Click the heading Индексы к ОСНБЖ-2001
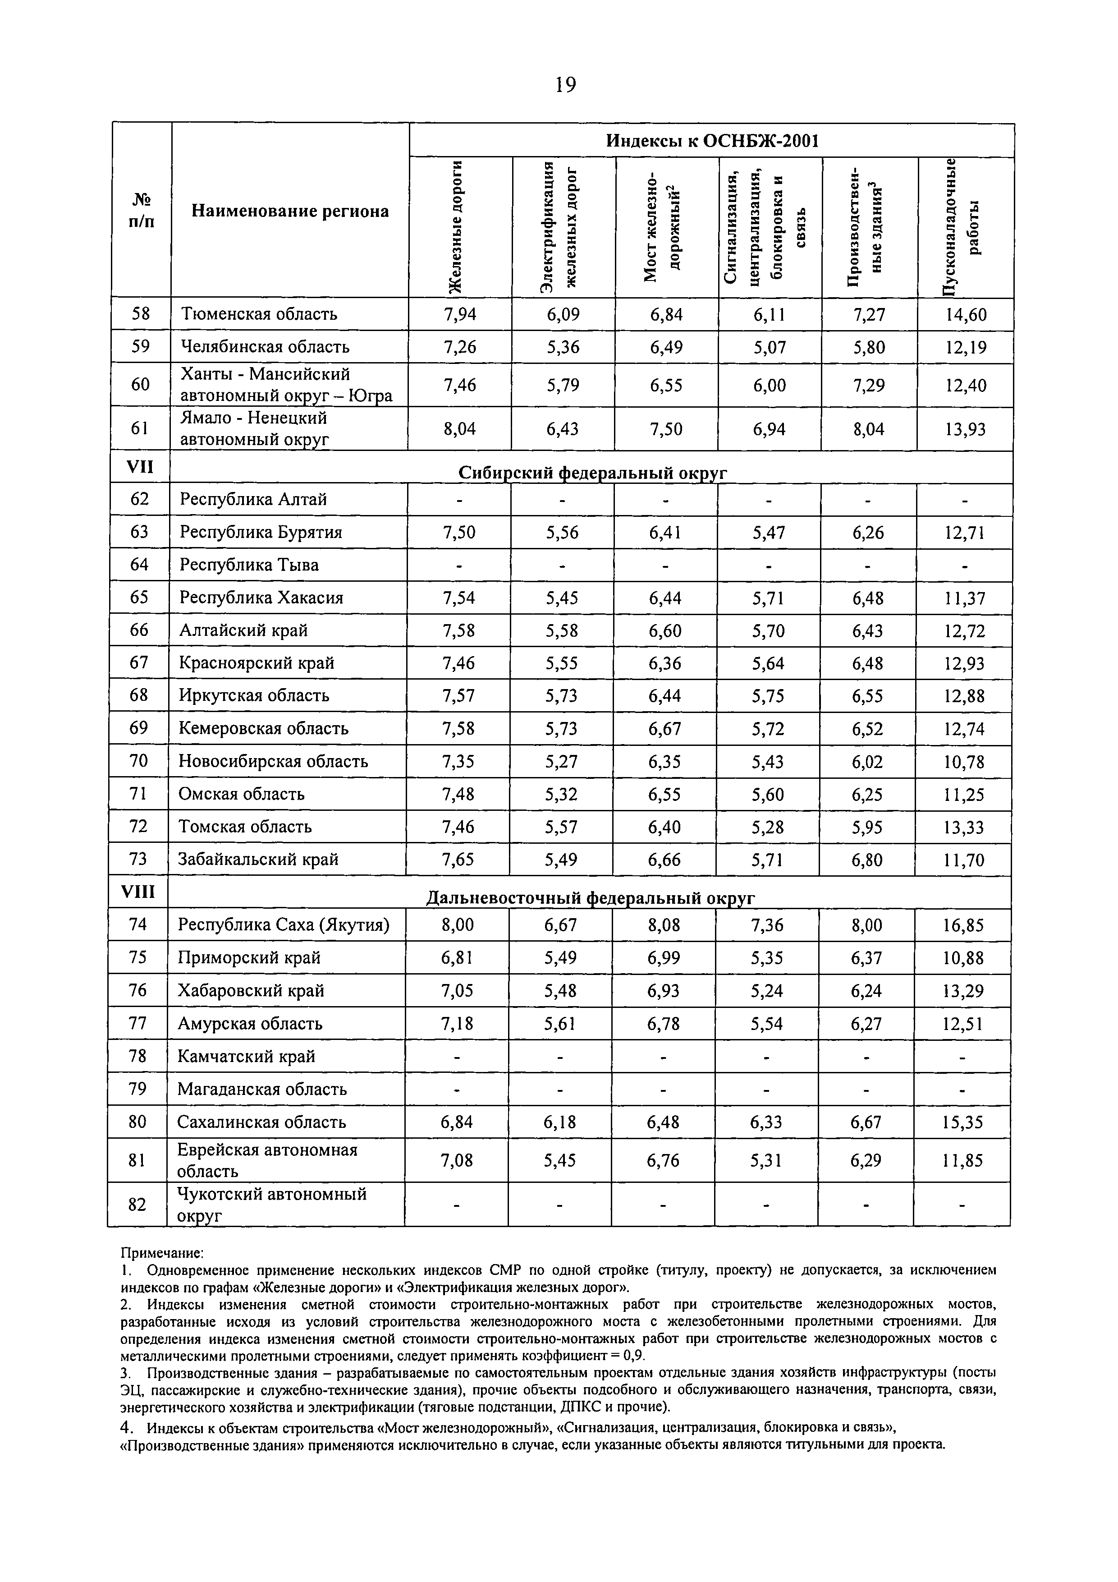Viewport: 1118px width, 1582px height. coord(711,141)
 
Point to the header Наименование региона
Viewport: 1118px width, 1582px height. coord(290,211)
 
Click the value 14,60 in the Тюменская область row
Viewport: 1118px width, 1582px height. coord(966,315)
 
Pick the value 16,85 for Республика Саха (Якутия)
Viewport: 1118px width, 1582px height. coord(963,924)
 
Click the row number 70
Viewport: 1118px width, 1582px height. coord(138,761)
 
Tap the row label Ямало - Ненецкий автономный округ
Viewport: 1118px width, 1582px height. coord(254,428)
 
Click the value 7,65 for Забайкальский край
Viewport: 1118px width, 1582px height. coord(458,859)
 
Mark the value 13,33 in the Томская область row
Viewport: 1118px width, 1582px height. coord(964,827)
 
